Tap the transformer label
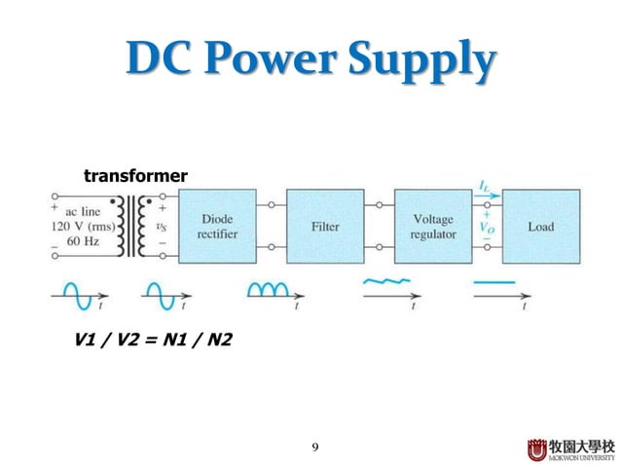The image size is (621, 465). (135, 176)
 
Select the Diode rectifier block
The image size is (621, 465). (220, 227)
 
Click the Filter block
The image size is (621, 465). (325, 227)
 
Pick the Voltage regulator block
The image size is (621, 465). (433, 227)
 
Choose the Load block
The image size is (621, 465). (541, 227)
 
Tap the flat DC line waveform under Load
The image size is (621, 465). (495, 282)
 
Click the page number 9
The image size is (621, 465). (314, 447)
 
